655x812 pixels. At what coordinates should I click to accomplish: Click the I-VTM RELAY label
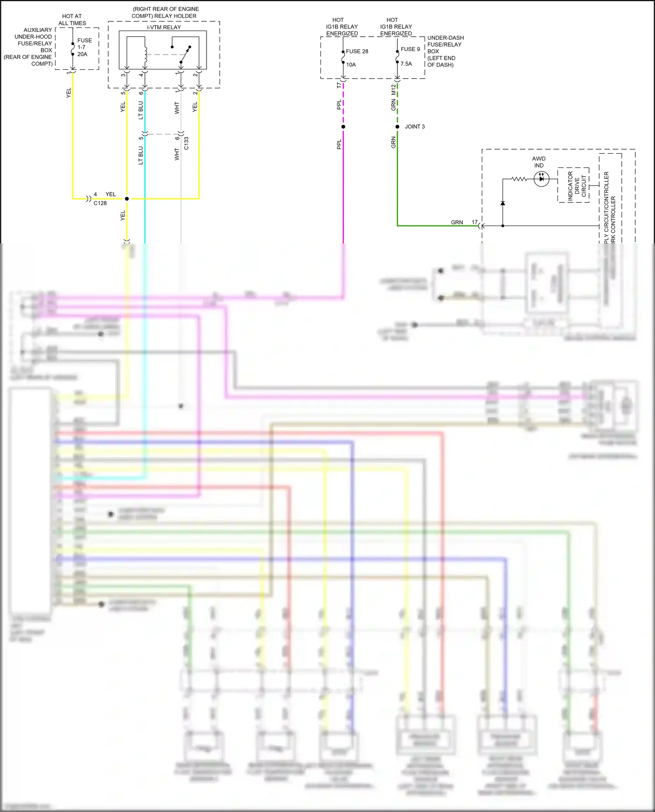(x=164, y=27)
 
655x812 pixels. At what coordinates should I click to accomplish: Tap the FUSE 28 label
(x=357, y=51)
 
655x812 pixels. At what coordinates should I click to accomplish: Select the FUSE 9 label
(x=410, y=49)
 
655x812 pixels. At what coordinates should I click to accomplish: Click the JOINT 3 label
(x=414, y=127)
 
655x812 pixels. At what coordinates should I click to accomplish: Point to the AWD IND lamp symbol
(x=541, y=179)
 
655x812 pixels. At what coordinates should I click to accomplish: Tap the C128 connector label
(x=100, y=203)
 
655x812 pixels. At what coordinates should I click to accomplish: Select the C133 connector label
(x=186, y=143)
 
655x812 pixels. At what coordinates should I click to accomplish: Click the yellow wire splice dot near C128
(x=127, y=199)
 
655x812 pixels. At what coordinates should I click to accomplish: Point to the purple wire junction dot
(x=343, y=127)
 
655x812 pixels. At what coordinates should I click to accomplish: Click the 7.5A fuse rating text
(x=406, y=64)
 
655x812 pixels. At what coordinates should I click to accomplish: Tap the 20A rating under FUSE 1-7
(x=82, y=54)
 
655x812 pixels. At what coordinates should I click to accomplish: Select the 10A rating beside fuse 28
(x=351, y=65)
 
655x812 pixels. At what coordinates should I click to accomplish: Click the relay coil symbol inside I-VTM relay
(x=145, y=54)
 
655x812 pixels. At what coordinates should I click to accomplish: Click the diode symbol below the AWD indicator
(x=503, y=203)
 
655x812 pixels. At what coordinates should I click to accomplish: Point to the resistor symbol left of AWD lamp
(x=519, y=179)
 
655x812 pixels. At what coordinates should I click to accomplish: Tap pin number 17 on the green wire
(x=474, y=222)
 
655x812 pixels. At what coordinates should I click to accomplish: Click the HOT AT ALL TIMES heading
(x=72, y=20)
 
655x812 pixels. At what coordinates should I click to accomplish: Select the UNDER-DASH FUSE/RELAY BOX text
(x=445, y=51)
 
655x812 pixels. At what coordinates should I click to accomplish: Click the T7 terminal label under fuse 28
(x=339, y=86)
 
